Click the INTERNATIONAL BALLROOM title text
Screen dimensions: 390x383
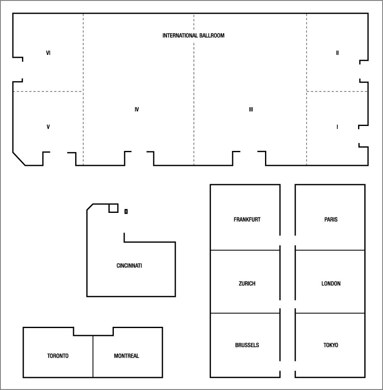pos(193,36)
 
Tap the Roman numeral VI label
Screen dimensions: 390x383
pos(48,53)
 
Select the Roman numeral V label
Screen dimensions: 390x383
pos(48,127)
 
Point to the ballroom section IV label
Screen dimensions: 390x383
pos(137,109)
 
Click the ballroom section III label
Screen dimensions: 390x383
pos(251,109)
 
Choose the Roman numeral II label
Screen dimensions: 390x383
pos(337,53)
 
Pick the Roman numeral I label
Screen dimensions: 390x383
pos(337,127)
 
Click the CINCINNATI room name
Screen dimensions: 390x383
pos(129,266)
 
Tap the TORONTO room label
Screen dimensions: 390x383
pos(58,356)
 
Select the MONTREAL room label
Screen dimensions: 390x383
pos(126,356)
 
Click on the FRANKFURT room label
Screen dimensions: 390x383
pos(247,220)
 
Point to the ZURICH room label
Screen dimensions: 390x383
pos(247,284)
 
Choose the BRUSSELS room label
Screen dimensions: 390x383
pos(247,345)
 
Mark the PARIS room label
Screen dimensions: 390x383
pos(331,220)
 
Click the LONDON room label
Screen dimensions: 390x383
pos(331,284)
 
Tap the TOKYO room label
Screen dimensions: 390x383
pos(331,345)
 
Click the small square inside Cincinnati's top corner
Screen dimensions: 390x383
pos(113,208)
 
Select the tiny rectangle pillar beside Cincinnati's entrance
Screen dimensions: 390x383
pos(126,212)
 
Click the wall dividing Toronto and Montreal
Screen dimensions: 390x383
pos(93,356)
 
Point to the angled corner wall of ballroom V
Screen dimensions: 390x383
pos(19,159)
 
